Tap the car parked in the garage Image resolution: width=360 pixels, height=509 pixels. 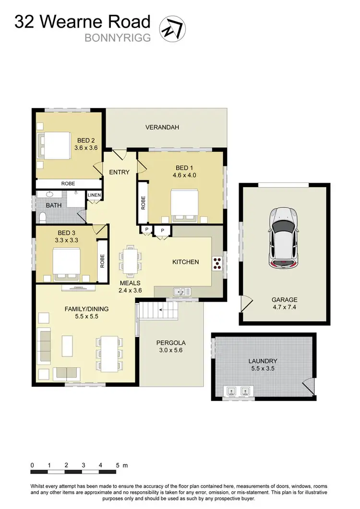(284, 237)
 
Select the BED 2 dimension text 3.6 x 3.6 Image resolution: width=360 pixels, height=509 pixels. (86, 148)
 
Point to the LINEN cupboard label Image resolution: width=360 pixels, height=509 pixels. (94, 195)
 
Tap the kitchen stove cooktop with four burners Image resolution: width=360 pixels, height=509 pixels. (217, 262)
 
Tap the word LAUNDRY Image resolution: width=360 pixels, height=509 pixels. (263, 361)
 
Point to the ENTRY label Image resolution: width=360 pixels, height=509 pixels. (119, 172)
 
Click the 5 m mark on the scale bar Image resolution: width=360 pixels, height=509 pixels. (118, 465)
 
